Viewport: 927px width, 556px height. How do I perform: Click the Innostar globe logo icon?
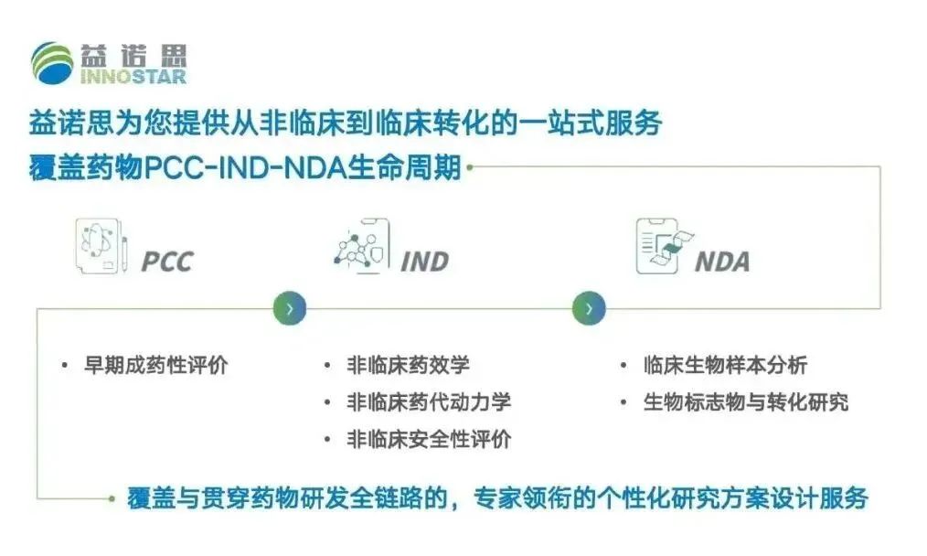coord(52,63)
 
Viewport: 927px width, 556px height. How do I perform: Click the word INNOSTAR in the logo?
coord(133,76)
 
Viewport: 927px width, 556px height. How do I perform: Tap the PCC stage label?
coord(167,262)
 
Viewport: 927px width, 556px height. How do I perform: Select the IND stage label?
coord(424,262)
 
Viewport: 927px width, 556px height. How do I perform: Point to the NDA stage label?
coord(722,262)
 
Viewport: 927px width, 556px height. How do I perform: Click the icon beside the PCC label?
coord(101,246)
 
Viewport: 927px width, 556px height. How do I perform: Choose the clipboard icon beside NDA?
coord(665,246)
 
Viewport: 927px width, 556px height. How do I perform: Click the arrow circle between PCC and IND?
coord(290,308)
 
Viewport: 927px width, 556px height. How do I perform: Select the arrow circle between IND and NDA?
coord(589,308)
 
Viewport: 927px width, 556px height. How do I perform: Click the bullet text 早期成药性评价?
coord(156,365)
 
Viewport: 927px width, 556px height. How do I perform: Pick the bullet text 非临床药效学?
coord(408,365)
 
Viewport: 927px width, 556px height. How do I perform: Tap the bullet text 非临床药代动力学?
coord(429,402)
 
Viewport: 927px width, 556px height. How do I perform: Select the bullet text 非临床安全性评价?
coord(429,440)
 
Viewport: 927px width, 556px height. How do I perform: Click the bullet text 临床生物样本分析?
coord(725,365)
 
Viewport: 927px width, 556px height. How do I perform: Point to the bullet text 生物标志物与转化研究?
coord(746,402)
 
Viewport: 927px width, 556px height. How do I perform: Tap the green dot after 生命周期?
coord(470,167)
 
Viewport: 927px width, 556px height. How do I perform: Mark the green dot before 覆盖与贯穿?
coord(112,498)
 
